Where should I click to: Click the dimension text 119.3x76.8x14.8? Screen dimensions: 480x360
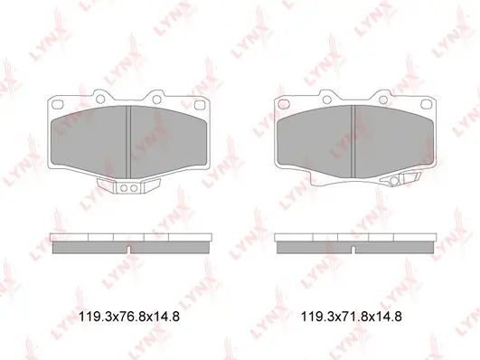pyautogui.click(x=129, y=317)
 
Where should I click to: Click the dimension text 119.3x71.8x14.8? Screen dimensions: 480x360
pyautogui.click(x=351, y=317)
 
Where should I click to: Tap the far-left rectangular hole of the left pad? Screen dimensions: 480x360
pyautogui.click(x=57, y=104)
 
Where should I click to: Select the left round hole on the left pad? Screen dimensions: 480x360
pyautogui.click(x=100, y=99)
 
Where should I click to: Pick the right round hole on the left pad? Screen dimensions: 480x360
pyautogui.click(x=156, y=99)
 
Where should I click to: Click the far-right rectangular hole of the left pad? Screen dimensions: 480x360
pyautogui.click(x=200, y=105)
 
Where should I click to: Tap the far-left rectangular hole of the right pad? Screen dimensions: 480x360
pyautogui.click(x=284, y=104)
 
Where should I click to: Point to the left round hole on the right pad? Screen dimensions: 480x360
pyautogui.click(x=326, y=99)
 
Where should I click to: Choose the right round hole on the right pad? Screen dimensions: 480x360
pyautogui.click(x=383, y=99)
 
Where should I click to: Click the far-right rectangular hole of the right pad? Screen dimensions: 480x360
pyautogui.click(x=426, y=105)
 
